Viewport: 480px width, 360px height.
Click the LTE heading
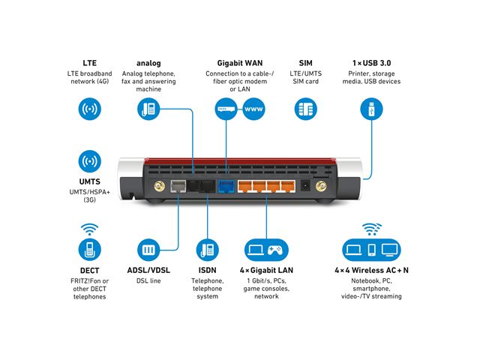(89, 63)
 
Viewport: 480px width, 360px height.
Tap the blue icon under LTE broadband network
(89, 109)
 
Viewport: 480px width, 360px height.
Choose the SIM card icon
(305, 109)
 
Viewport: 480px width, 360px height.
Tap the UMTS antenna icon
(89, 161)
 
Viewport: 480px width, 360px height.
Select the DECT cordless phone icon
(89, 250)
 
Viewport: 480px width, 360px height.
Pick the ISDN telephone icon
(207, 250)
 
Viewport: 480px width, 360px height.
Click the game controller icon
(278, 249)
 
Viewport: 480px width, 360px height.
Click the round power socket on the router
(304, 186)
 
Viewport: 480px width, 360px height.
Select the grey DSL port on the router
(178, 187)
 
